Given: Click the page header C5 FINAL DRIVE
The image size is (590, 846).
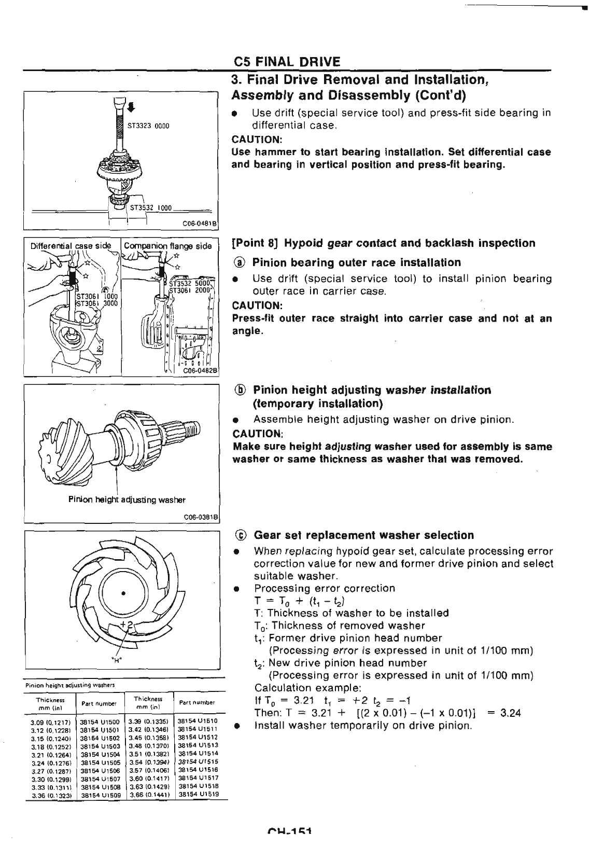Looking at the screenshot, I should [287, 62].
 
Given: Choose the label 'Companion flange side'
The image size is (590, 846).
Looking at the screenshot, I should [167, 246].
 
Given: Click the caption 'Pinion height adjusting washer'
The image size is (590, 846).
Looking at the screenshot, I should [127, 500].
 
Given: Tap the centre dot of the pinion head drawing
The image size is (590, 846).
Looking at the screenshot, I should [123, 593].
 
